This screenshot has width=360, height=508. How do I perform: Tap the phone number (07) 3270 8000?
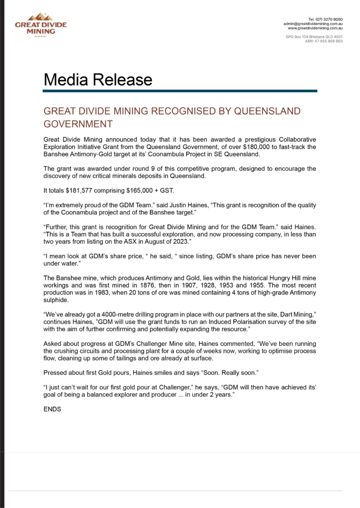329,18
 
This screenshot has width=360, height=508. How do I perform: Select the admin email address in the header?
313,23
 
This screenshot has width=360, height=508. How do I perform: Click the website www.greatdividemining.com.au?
315,28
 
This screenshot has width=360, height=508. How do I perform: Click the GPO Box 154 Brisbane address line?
314,37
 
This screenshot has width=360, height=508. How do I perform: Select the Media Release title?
98,79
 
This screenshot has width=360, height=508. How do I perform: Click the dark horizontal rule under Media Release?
180,91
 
